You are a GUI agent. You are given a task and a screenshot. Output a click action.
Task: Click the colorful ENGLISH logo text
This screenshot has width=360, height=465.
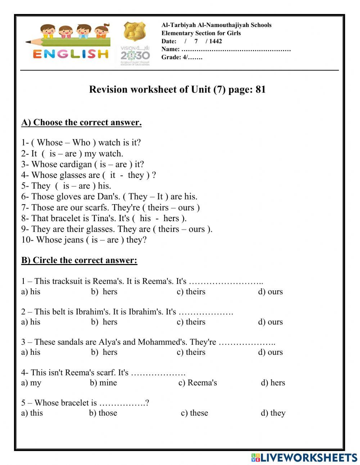click(x=71, y=54)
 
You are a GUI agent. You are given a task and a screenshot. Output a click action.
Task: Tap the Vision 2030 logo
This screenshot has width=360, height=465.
click(x=135, y=55)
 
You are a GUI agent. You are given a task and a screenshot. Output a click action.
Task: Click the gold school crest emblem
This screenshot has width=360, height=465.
click(x=135, y=32)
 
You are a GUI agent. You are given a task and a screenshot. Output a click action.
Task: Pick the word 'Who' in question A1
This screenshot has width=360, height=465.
click(x=81, y=143)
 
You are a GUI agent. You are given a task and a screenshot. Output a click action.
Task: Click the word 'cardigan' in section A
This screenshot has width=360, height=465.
click(x=76, y=164)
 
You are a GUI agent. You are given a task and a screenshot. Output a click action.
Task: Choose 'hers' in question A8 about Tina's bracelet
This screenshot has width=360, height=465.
click(x=171, y=218)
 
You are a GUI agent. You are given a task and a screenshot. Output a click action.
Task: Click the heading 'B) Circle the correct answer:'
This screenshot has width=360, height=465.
click(x=79, y=260)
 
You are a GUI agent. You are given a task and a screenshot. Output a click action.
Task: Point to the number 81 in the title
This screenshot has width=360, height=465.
click(x=261, y=89)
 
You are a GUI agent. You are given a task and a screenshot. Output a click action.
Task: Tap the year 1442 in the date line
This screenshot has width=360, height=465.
click(x=216, y=41)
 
